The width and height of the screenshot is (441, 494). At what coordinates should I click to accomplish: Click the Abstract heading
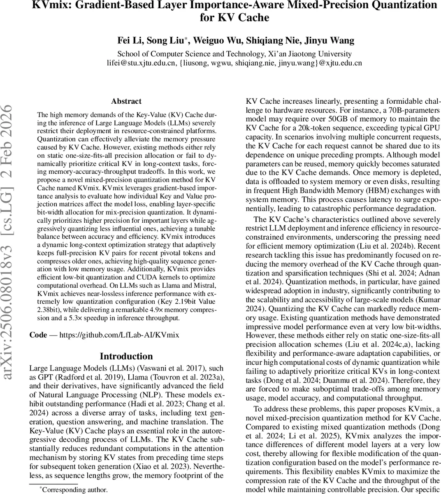(x=126, y=101)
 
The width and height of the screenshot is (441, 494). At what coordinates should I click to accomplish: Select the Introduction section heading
(x=126, y=356)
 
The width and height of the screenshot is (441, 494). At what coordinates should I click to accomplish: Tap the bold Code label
(x=38, y=335)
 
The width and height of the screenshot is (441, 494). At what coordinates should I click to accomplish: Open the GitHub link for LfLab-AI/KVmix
(x=119, y=335)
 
